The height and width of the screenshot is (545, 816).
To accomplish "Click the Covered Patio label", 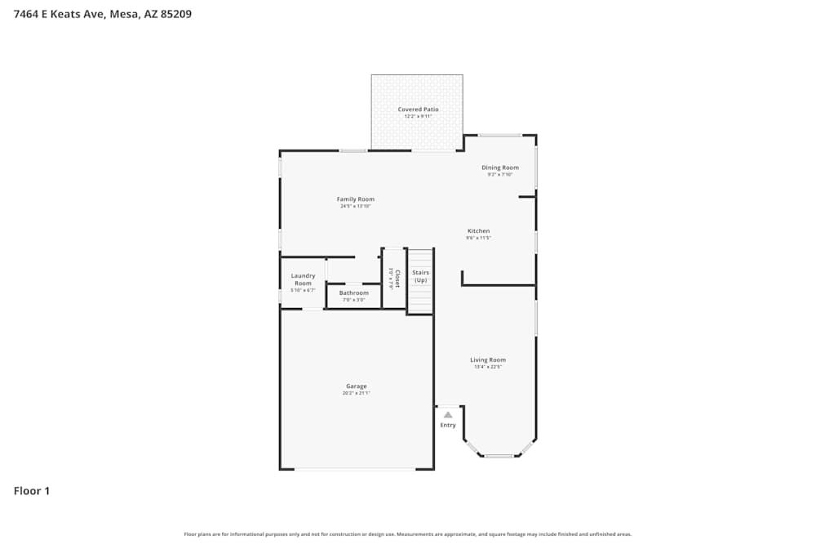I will coord(418,109).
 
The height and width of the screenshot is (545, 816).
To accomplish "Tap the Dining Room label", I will coord(499,168).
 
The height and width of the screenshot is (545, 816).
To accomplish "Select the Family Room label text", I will coord(356,199).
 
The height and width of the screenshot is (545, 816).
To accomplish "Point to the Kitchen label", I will coord(478,230).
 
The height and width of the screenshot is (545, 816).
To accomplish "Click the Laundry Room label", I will coord(303,279).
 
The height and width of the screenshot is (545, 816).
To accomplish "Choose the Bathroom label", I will coord(353,293).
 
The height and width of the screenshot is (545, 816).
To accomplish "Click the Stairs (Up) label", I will coord(420,276).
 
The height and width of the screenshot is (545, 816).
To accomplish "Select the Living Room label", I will coord(488,360).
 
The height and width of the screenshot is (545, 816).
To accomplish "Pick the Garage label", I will coord(356,386).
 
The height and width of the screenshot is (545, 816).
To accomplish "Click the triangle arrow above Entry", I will coord(448,415).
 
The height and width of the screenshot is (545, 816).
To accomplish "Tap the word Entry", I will coord(448,425).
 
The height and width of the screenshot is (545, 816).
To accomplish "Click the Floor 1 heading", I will coord(32,491).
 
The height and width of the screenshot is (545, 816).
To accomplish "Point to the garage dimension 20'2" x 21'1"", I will coord(356,393).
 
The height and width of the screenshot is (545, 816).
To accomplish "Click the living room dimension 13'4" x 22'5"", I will coord(488,367).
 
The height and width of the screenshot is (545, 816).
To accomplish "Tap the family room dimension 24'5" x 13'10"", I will coord(356,206).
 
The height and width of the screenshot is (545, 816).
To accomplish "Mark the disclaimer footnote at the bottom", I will coord(408,534).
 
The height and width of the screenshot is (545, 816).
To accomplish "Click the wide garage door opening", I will coord(355,469).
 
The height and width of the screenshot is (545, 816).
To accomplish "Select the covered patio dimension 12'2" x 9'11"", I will coord(418,116).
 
